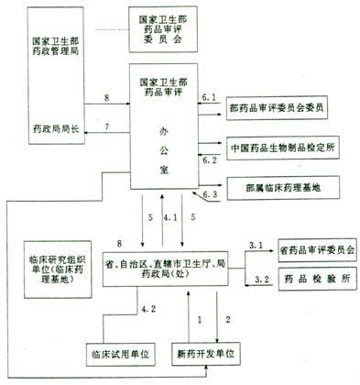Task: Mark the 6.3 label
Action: (210, 195)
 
